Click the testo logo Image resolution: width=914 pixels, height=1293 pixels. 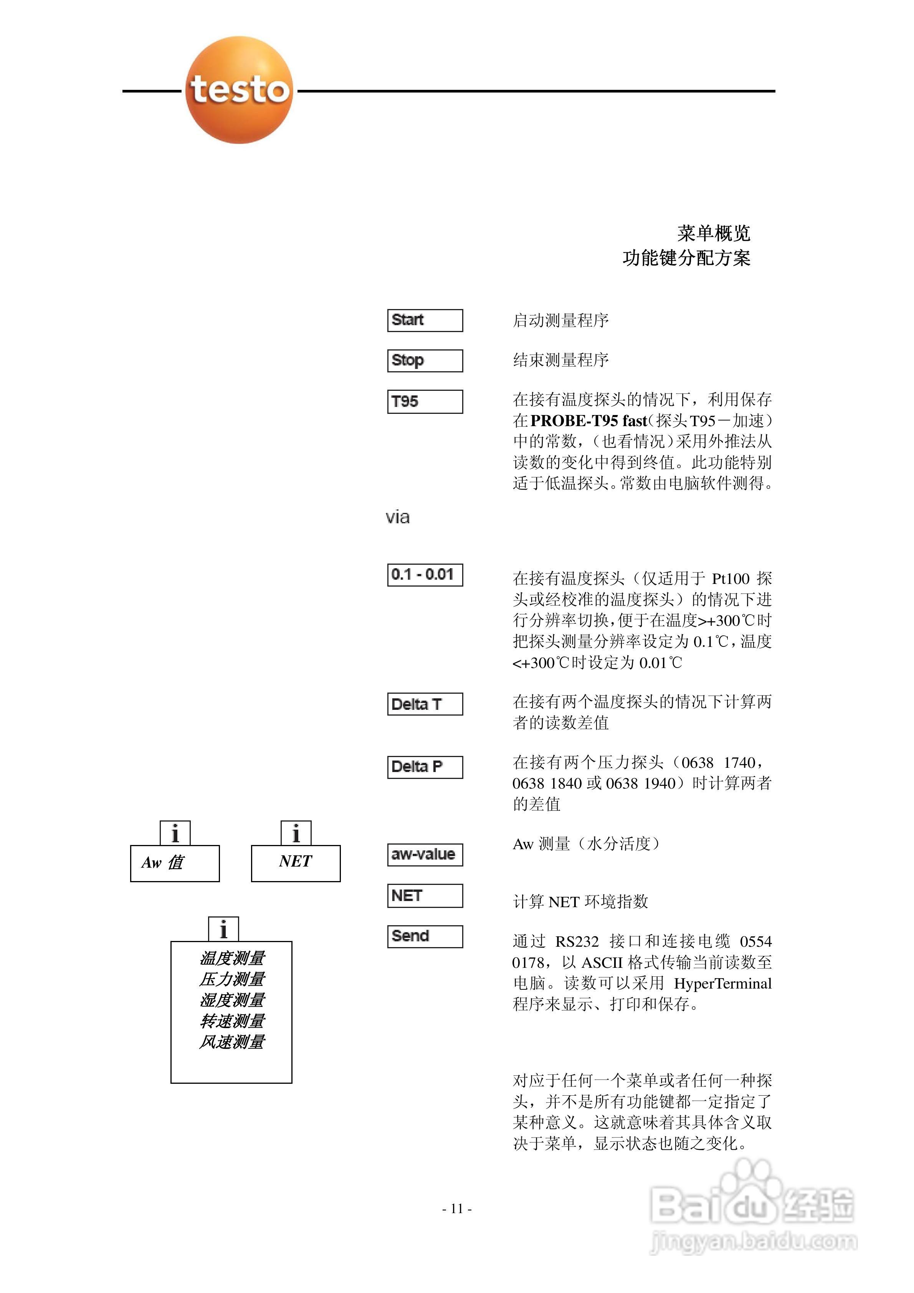239,90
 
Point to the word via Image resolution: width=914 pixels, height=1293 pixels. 398,518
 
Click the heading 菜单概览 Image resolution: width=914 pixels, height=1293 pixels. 714,233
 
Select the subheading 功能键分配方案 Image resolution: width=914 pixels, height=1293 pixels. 686,258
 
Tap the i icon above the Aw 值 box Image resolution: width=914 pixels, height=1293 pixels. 175,833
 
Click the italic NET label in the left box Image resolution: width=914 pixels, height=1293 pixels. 295,861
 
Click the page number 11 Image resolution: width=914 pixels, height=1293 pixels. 457,1209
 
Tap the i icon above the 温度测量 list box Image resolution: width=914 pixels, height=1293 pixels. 223,929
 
